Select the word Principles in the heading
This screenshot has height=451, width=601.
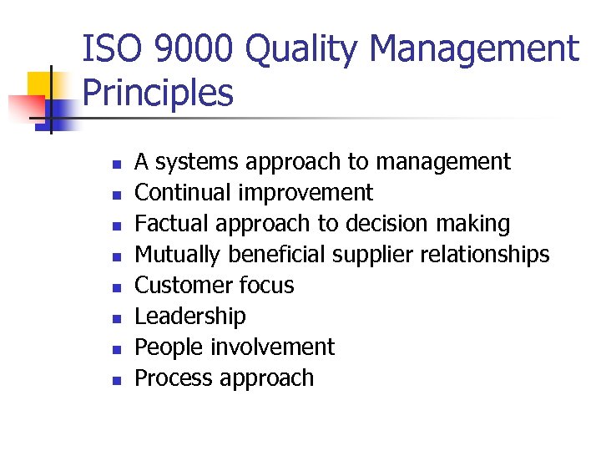point(159,94)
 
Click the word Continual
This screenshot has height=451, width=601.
point(184,193)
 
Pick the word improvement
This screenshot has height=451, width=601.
point(306,193)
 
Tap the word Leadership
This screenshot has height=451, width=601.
point(190,317)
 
